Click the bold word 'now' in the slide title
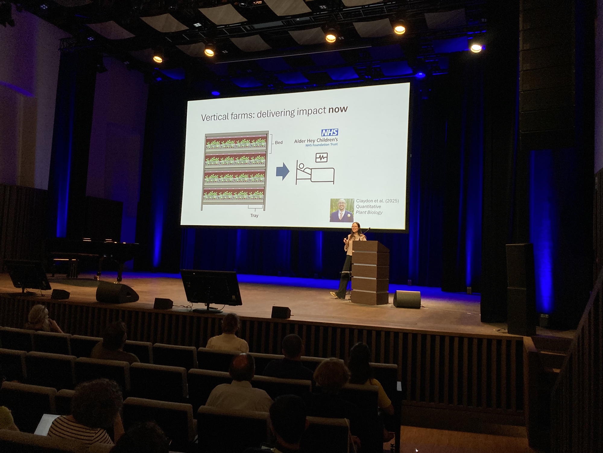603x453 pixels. pos(338,109)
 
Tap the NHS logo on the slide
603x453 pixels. pos(330,132)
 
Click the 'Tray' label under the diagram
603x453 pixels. pos(254,216)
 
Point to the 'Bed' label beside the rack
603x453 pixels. pos(279,143)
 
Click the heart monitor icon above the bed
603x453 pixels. pos(321,157)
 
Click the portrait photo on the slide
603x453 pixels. pos(342,210)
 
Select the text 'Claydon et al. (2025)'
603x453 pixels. pos(377,201)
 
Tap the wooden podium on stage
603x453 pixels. pos(370,273)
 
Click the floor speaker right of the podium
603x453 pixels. pos(407,299)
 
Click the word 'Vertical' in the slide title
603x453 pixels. pos(213,117)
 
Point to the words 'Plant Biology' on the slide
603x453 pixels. pos(369,212)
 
